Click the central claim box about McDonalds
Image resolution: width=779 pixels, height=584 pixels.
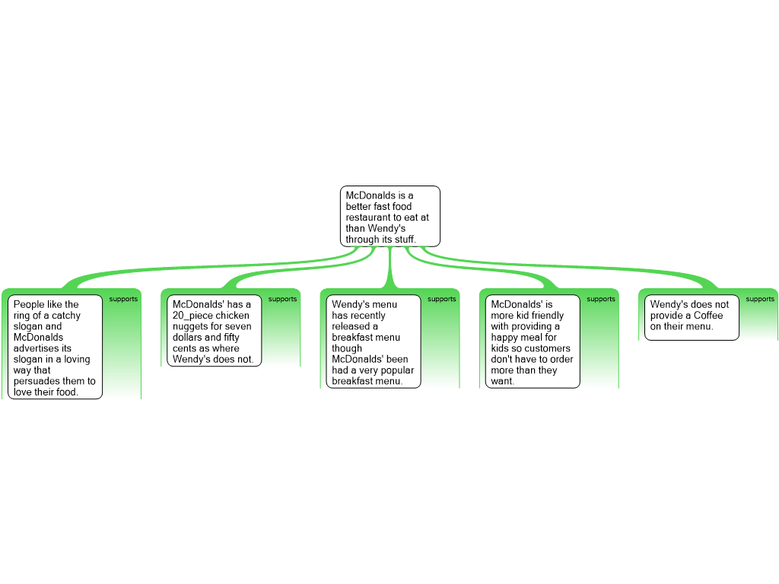point(389,217)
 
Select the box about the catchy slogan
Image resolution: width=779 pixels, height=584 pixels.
point(56,347)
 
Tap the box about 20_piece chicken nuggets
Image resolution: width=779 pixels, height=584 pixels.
point(214,331)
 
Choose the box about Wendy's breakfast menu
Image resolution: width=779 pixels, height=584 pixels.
point(374,341)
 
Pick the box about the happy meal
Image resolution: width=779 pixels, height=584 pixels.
point(533,341)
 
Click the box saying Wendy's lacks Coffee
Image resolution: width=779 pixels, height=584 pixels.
point(692,316)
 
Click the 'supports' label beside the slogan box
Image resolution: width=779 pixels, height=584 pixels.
point(123,300)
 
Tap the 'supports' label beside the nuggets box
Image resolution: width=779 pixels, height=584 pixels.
point(282,300)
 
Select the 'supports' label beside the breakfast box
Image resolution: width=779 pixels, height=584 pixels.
point(441,300)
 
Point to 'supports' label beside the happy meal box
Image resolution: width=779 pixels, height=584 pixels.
point(600,300)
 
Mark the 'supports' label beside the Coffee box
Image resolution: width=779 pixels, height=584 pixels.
point(759,300)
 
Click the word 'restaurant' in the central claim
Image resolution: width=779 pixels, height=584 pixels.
point(369,217)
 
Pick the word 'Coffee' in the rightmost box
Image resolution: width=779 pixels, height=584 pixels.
point(708,316)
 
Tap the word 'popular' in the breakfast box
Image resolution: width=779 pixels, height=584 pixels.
point(396,370)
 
